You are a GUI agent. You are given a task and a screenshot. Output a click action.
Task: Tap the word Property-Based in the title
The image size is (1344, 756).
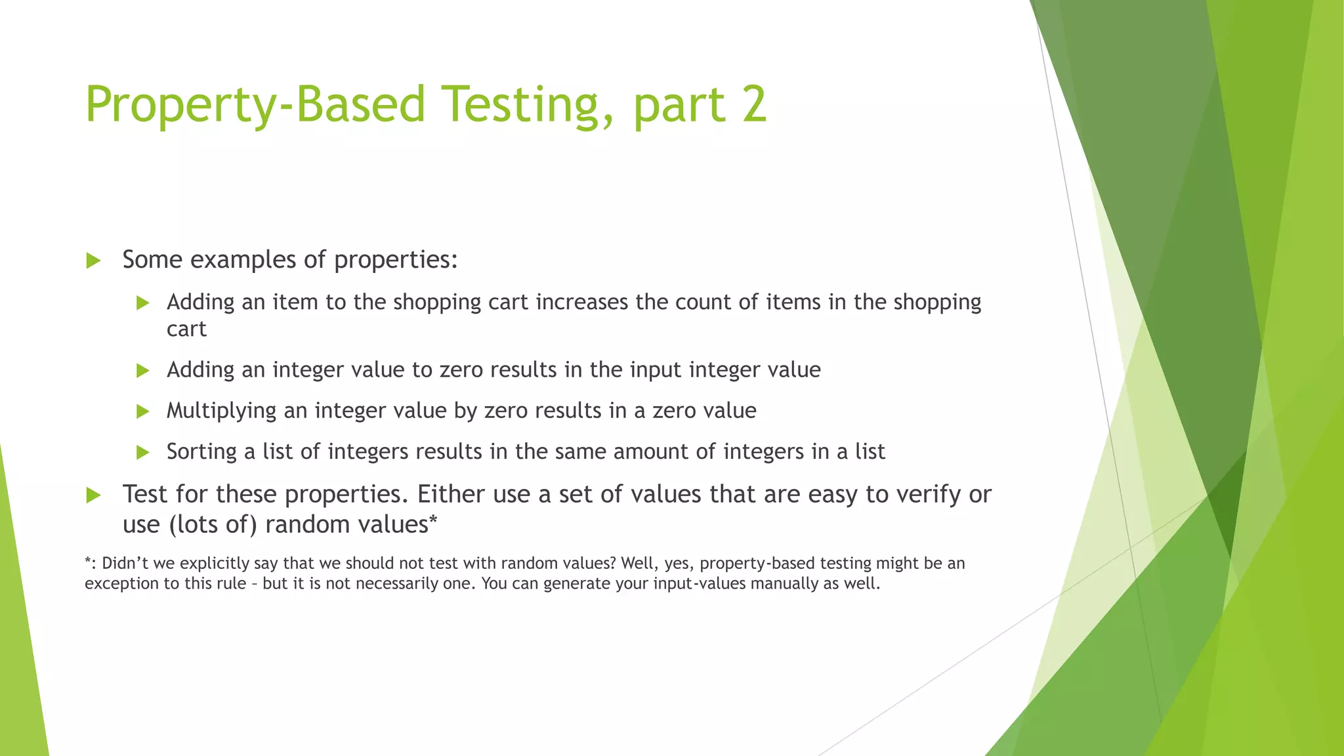[x=255, y=105]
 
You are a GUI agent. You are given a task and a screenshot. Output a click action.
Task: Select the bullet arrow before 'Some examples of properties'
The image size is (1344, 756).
[x=93, y=261]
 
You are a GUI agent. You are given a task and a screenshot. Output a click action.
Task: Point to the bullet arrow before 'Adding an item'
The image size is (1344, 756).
[x=143, y=303]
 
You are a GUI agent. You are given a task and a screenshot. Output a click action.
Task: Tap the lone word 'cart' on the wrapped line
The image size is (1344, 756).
[x=186, y=329]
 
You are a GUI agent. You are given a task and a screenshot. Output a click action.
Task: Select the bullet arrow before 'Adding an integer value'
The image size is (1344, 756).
[x=143, y=370]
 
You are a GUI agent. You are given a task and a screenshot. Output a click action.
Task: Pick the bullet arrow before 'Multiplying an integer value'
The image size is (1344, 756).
[x=143, y=411]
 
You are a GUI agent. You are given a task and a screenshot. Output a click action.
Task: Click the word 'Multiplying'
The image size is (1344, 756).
[x=221, y=411]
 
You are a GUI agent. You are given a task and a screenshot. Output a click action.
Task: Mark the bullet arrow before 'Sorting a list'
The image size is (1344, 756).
[x=143, y=452]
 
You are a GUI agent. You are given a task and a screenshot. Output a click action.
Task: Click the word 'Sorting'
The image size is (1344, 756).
[x=201, y=451]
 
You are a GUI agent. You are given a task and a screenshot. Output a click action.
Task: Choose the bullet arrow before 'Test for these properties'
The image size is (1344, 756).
[x=93, y=495]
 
